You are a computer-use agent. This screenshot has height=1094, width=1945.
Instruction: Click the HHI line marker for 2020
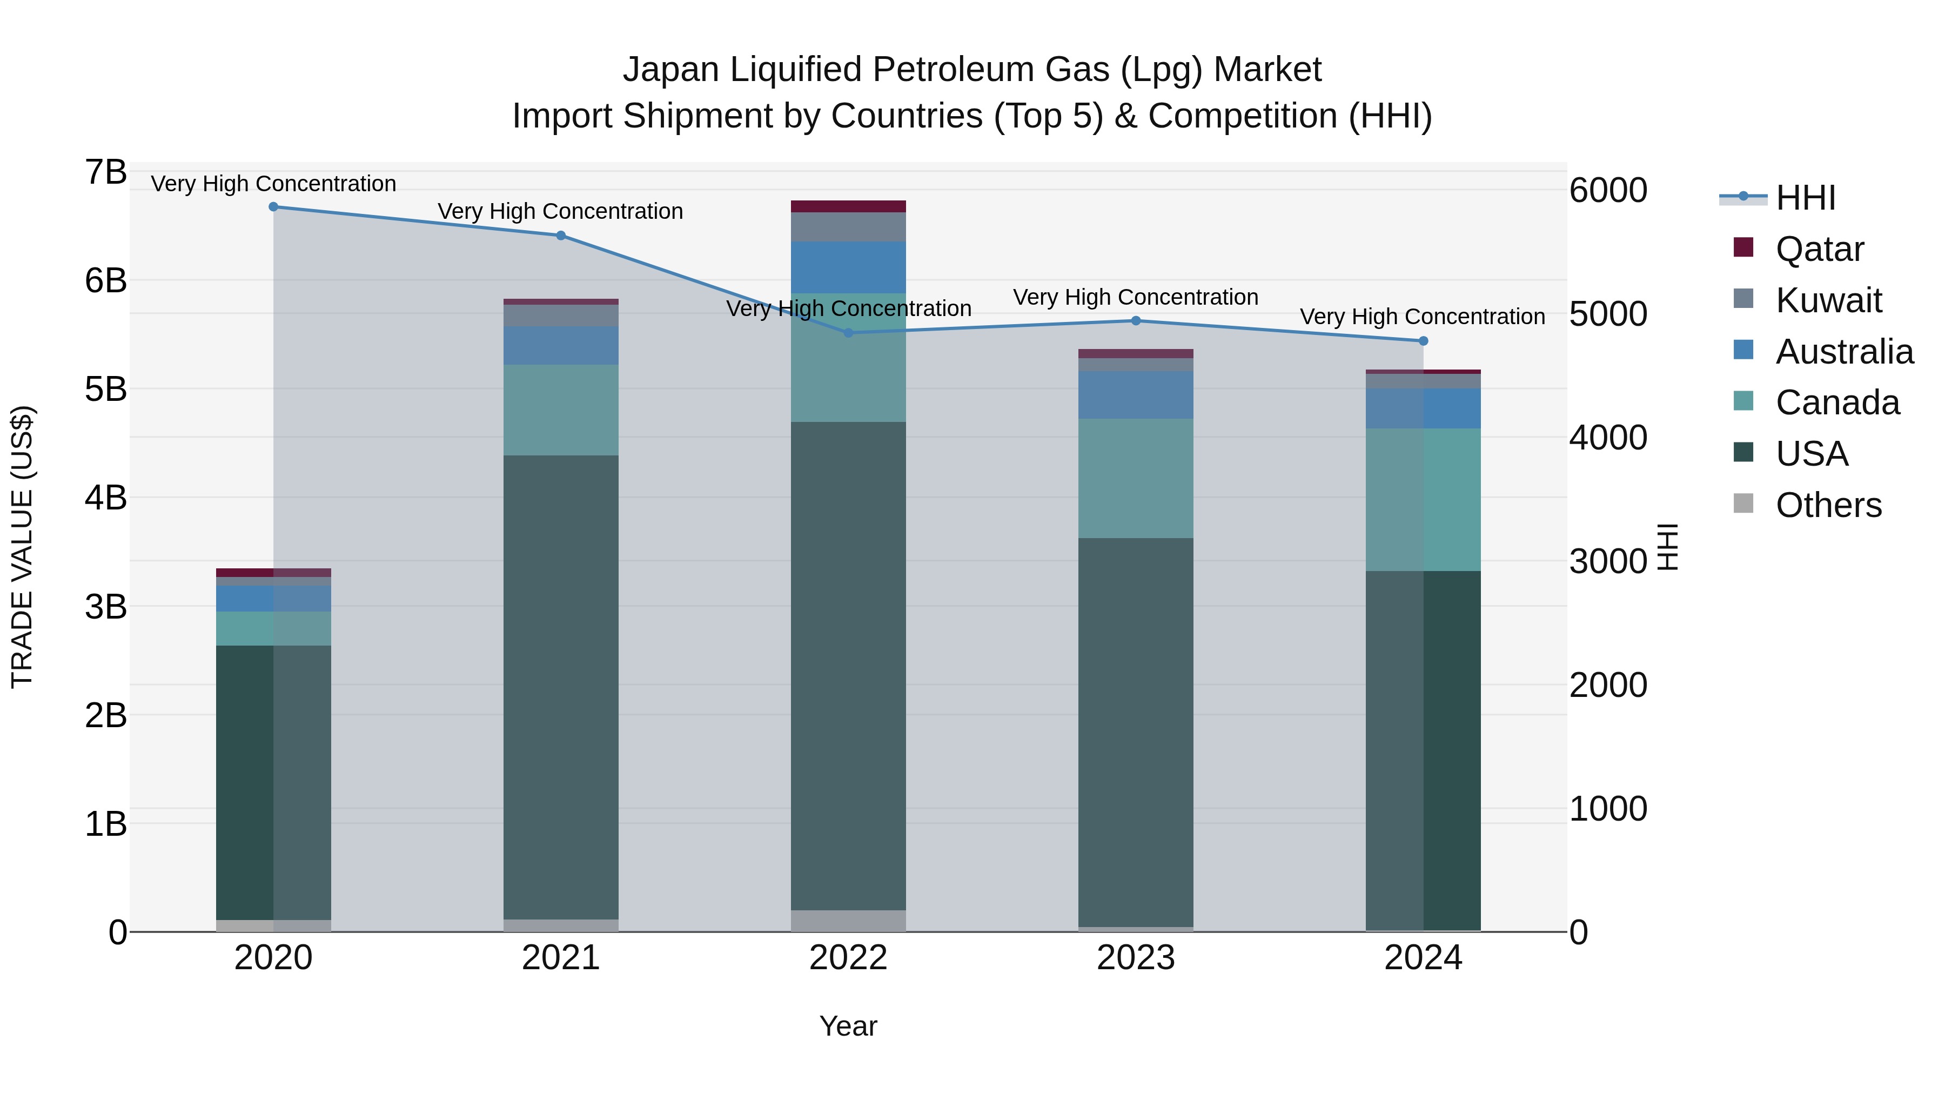click(273, 207)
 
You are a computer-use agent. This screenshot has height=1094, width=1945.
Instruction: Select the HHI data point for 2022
click(848, 333)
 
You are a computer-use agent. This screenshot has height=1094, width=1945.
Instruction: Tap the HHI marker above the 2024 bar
click(1423, 341)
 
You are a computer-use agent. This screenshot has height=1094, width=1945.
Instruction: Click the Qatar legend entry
click(1819, 249)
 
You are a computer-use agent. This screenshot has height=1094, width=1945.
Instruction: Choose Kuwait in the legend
click(1828, 300)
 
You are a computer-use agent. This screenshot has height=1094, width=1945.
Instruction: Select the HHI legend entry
click(1805, 198)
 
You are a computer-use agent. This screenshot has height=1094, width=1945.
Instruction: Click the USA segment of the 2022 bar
click(848, 665)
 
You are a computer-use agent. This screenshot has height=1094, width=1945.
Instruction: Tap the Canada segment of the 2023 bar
click(1136, 478)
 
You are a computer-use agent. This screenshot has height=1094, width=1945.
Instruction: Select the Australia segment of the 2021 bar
click(560, 346)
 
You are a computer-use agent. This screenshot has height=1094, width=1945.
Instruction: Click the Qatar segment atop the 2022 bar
click(848, 207)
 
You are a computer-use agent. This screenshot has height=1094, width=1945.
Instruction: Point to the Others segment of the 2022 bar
click(848, 921)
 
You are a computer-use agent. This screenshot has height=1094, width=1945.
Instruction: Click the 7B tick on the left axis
click(106, 173)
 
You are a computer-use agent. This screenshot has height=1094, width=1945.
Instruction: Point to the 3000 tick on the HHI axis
click(1607, 562)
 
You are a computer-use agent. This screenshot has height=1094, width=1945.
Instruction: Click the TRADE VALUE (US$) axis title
click(23, 547)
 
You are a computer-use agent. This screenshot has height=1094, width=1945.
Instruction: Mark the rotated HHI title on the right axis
click(1667, 547)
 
